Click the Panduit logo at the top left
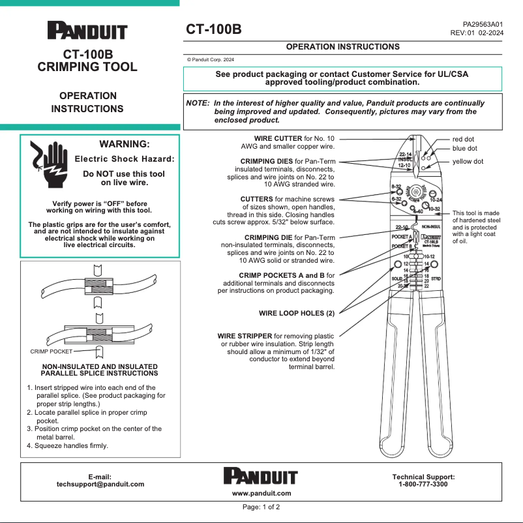(87, 31)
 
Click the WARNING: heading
(124, 144)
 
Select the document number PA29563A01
(483, 23)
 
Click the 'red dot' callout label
(463, 139)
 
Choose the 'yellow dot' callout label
(468, 161)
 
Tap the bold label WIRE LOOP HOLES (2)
(296, 313)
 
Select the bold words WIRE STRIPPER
(245, 336)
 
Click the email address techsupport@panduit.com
(100, 485)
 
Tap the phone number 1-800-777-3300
(423, 485)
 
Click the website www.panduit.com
(261, 493)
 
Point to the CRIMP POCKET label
(52, 351)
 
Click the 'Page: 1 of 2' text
(261, 507)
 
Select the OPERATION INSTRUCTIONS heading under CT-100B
(342, 47)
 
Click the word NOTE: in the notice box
(198, 103)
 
